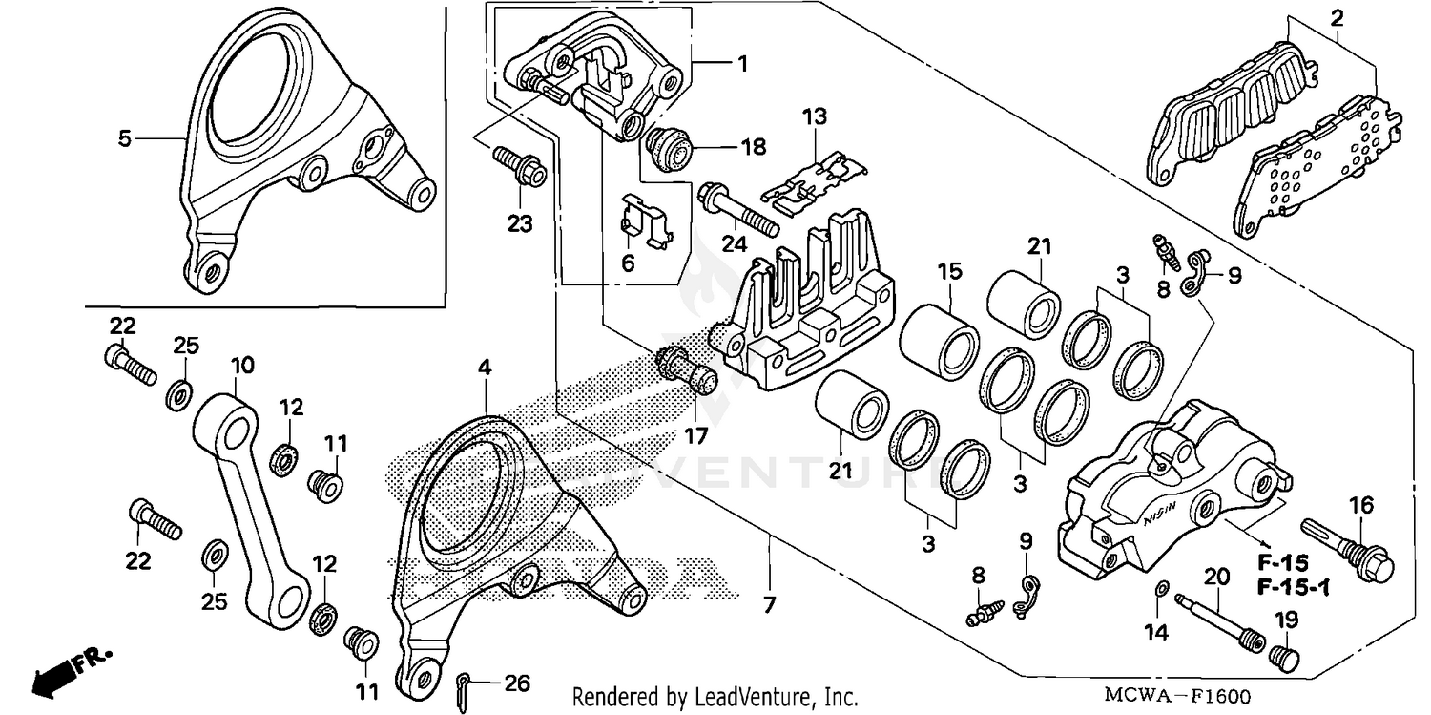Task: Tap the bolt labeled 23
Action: click(518, 166)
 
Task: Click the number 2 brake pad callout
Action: click(1337, 17)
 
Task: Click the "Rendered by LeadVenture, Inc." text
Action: click(715, 696)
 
